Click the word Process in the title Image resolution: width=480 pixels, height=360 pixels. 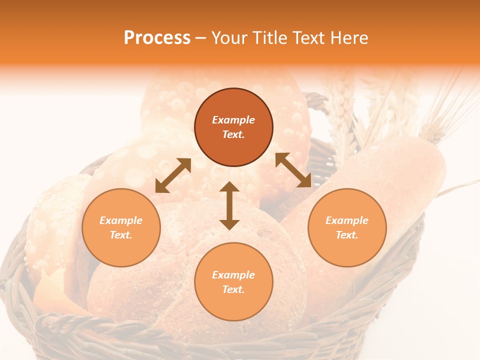pyautogui.click(x=157, y=38)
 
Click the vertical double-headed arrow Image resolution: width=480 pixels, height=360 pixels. pyautogui.click(x=229, y=205)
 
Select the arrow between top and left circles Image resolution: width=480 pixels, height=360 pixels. pyautogui.click(x=173, y=175)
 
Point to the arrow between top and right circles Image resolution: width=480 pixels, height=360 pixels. pyautogui.click(x=293, y=170)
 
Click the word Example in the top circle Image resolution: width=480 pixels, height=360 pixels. pyautogui.click(x=233, y=120)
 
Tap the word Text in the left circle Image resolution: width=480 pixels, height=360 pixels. pyautogui.click(x=121, y=235)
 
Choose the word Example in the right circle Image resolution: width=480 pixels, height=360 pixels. pyautogui.click(x=347, y=220)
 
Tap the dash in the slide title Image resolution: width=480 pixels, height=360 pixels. pyautogui.click(x=200, y=38)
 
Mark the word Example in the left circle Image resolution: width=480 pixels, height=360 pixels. pyautogui.click(x=121, y=220)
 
